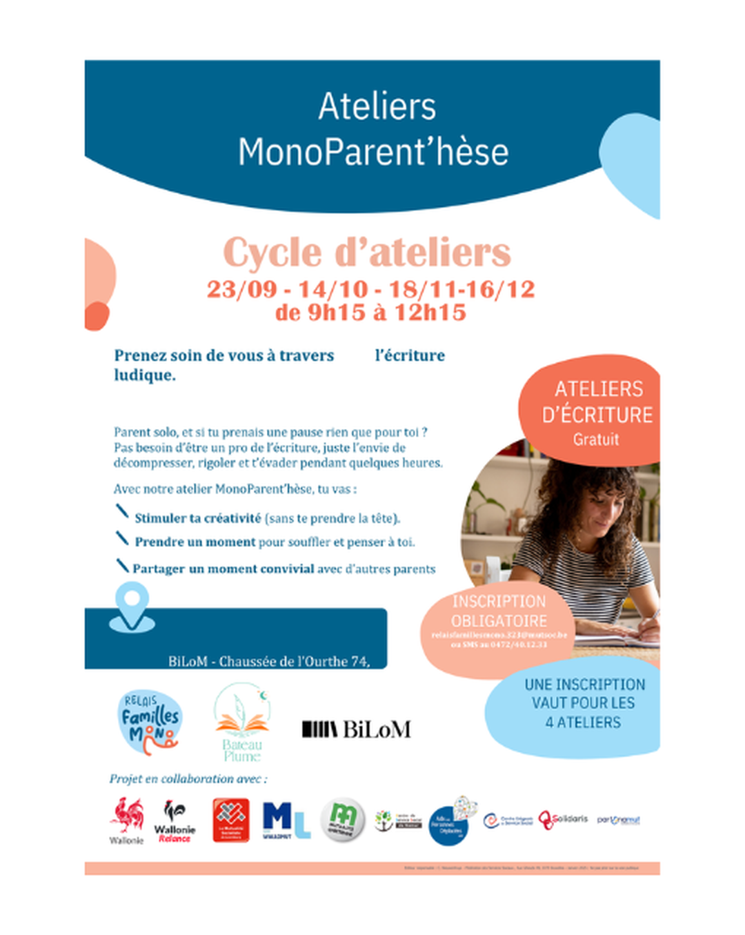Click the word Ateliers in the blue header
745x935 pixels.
click(x=377, y=107)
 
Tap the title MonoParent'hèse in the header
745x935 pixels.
click(x=373, y=152)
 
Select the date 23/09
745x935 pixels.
click(x=241, y=289)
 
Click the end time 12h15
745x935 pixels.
click(x=430, y=313)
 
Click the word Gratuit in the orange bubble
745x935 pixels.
click(x=596, y=440)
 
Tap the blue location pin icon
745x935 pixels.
click(x=132, y=606)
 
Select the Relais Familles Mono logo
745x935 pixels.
click(x=150, y=722)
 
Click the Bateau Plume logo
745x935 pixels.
click(x=241, y=722)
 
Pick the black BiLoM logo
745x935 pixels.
click(x=357, y=729)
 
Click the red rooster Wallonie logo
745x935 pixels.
click(x=127, y=819)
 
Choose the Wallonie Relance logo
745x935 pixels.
click(x=175, y=820)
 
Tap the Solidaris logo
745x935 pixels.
click(x=563, y=819)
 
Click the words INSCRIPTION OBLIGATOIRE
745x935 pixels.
click(x=499, y=611)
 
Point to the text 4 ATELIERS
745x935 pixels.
click(x=583, y=722)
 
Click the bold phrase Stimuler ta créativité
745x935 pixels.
click(x=198, y=518)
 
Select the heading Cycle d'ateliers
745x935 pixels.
click(x=367, y=253)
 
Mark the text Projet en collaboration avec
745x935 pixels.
click(x=188, y=778)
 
